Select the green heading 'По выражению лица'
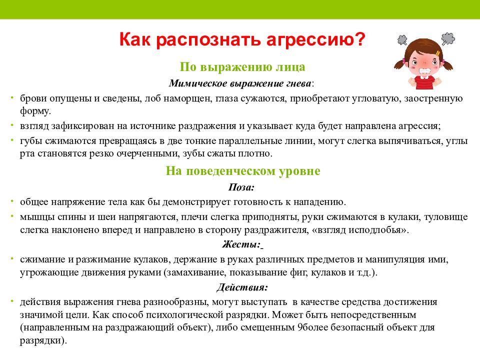click(242, 67)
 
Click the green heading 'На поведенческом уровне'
click(242, 171)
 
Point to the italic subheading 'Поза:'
click(242, 187)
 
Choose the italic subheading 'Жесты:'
click(241, 244)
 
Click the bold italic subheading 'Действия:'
click(242, 288)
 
